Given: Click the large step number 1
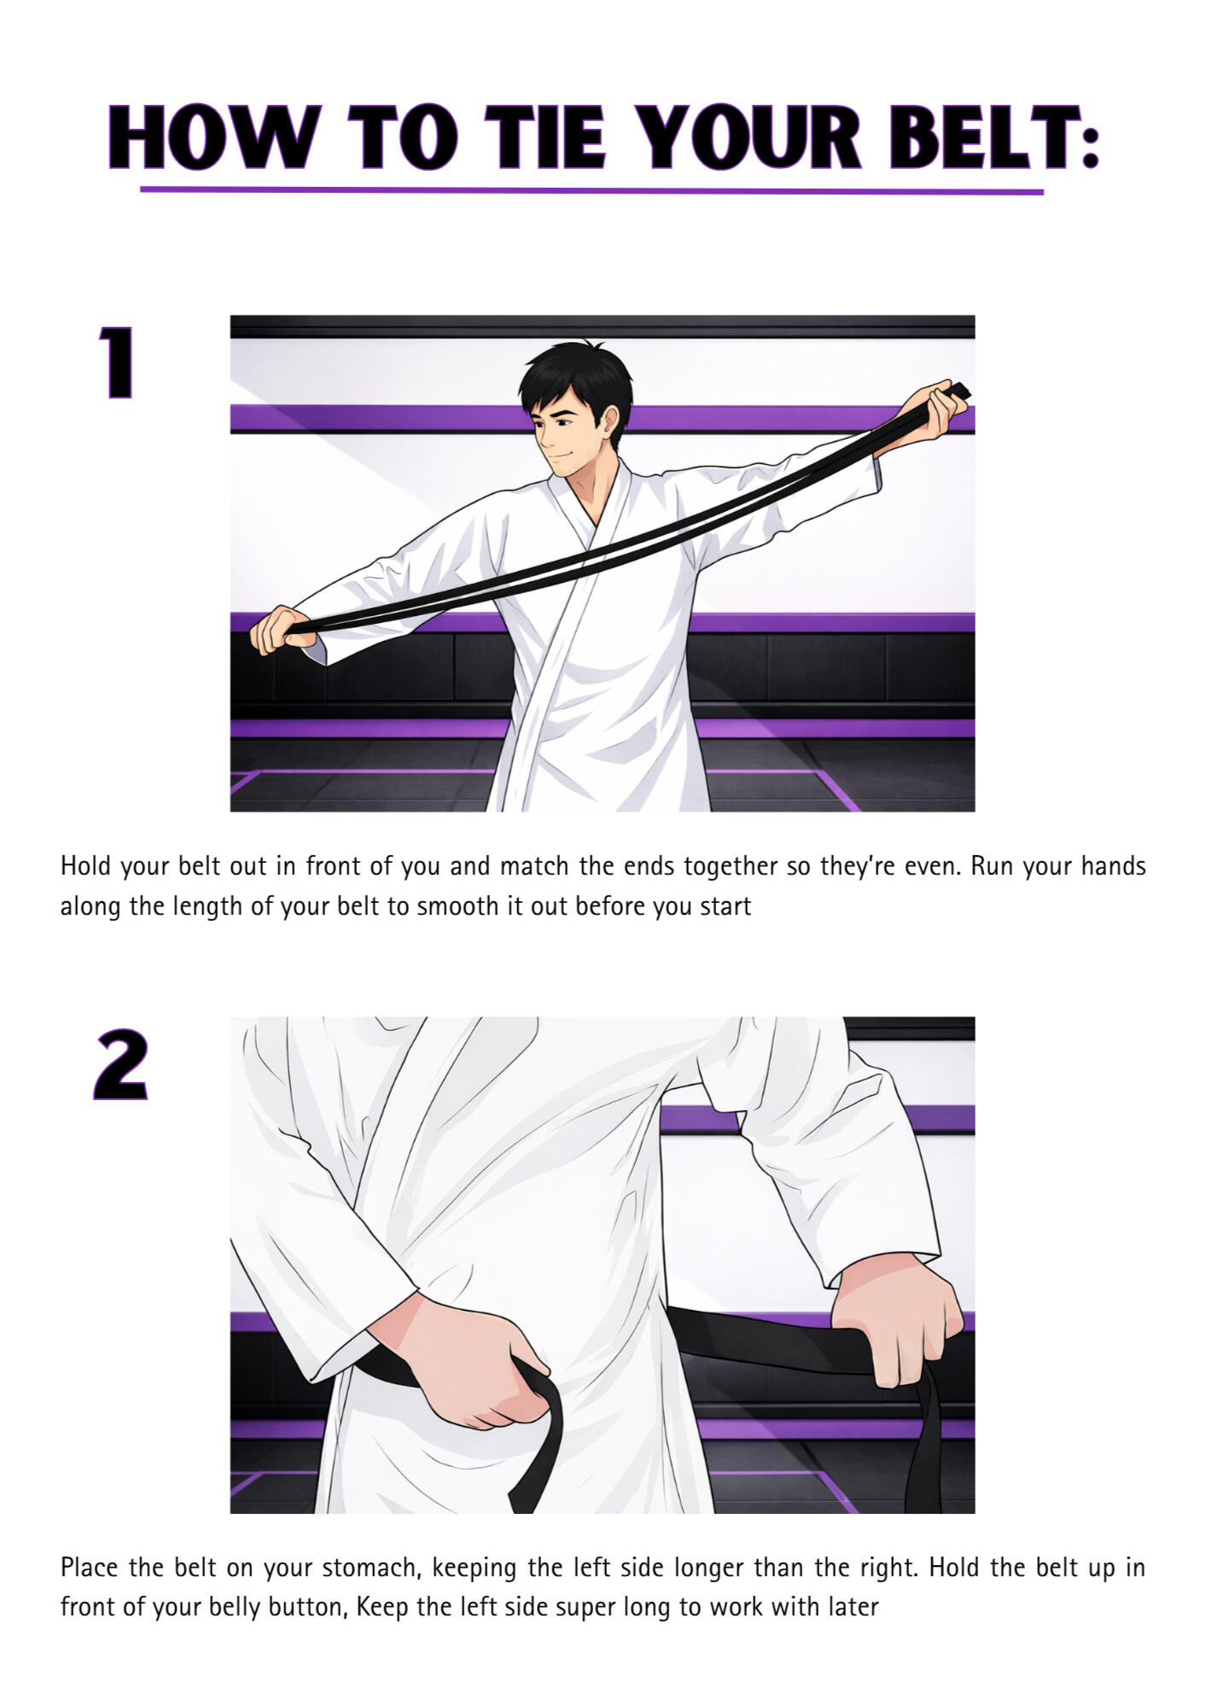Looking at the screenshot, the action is [116, 363].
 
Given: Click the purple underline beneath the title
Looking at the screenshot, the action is [591, 190].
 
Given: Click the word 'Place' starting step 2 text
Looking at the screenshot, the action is [89, 1568].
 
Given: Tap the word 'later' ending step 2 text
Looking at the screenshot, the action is [853, 1608].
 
